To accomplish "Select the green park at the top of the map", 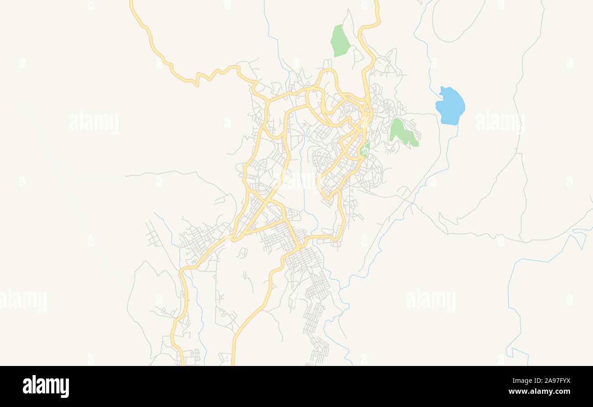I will tap(340, 41).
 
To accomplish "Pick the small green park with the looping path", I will tap(365, 149).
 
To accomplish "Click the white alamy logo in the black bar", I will tap(46, 386).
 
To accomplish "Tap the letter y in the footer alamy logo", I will tap(65, 387).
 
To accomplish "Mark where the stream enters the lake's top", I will tap(441, 88).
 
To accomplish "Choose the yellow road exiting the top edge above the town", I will tap(377, 7).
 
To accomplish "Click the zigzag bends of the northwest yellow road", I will tap(214, 73).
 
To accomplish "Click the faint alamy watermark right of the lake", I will tap(499, 122).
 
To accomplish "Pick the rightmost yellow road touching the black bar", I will tap(233, 360).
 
